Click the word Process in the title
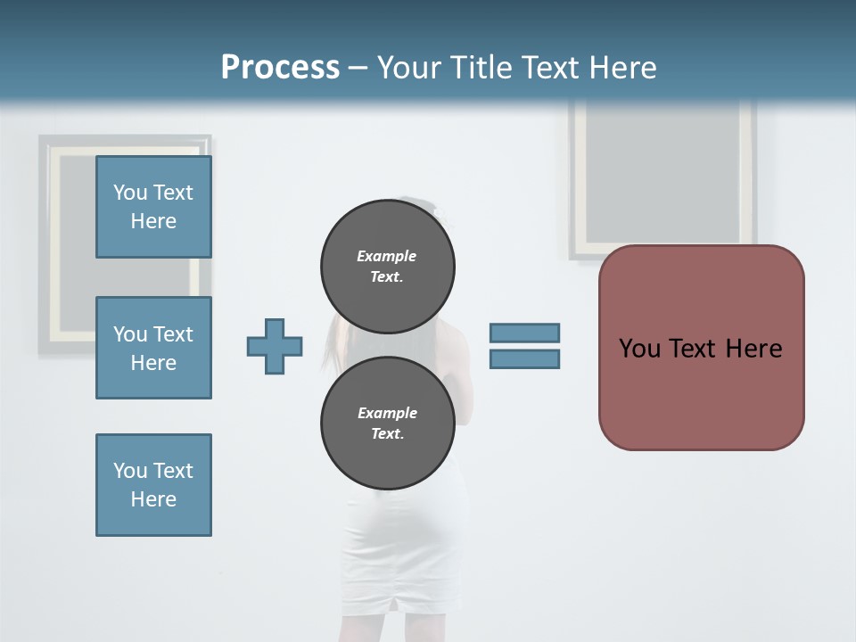click(280, 68)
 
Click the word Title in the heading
click(480, 68)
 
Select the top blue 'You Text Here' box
click(153, 207)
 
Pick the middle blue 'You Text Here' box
click(153, 348)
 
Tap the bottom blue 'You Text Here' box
click(153, 485)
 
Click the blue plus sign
click(275, 346)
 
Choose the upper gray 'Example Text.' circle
click(388, 266)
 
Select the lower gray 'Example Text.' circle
click(388, 424)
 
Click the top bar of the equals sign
click(524, 333)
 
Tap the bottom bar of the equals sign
click(524, 359)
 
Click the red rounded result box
click(701, 392)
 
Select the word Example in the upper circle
click(386, 256)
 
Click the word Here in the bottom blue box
click(153, 499)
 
